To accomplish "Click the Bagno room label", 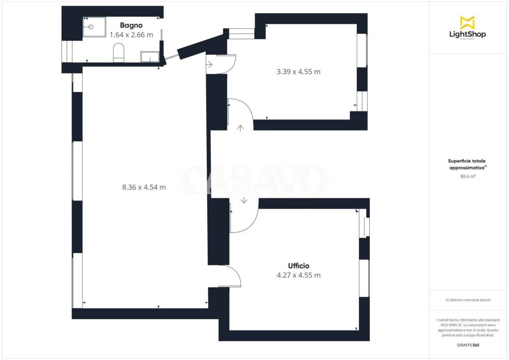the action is [131, 25].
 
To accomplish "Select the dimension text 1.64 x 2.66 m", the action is [131, 35].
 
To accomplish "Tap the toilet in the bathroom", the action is [118, 53].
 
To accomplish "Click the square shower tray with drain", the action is [94, 27].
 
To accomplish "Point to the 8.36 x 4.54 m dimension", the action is [144, 187].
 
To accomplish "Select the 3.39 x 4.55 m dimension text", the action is [298, 72].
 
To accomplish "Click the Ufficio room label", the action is [299, 266].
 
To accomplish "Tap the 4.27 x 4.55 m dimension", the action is [299, 275].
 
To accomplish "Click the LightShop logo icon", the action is [467, 22].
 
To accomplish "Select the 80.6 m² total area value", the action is [468, 176].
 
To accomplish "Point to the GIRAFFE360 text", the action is [468, 345].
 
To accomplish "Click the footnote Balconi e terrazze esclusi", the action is [468, 300].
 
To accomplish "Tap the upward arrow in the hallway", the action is [240, 128].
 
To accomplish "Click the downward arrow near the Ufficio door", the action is [244, 200].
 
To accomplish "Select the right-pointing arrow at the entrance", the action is [209, 64].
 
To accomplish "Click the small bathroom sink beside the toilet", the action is [150, 57].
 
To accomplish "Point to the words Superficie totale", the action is [467, 161].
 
